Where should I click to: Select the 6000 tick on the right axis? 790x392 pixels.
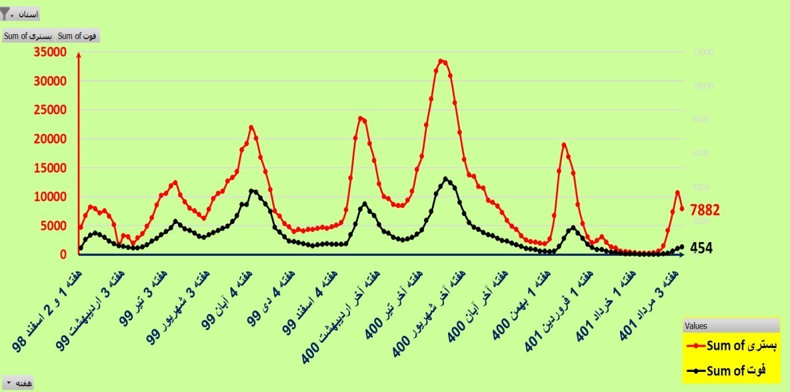[x=703, y=153]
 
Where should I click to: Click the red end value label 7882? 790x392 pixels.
[x=705, y=210]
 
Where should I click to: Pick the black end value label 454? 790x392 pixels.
[x=701, y=248]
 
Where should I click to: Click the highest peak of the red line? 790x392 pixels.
[x=441, y=61]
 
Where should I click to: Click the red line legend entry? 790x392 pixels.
[x=731, y=345]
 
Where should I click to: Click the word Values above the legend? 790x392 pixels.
[x=697, y=326]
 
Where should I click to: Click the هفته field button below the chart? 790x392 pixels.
[x=18, y=383]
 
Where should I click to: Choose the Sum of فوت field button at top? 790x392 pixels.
[x=78, y=36]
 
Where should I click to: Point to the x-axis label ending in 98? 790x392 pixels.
[x=43, y=313]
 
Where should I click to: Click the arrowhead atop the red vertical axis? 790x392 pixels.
[x=79, y=54]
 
